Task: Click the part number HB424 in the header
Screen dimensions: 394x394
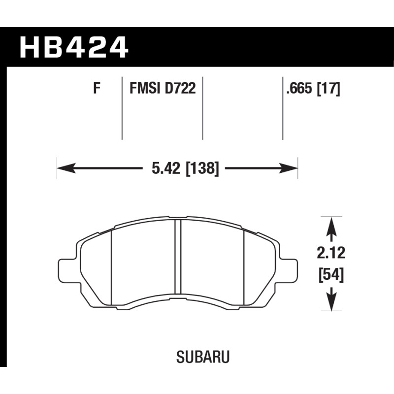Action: (74, 47)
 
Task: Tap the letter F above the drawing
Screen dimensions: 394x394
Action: (97, 89)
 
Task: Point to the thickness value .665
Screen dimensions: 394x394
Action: (300, 89)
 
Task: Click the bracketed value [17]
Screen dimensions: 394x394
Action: (328, 89)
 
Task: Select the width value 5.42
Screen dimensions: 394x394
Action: (166, 168)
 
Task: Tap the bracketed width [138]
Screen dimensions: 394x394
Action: (202, 168)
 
